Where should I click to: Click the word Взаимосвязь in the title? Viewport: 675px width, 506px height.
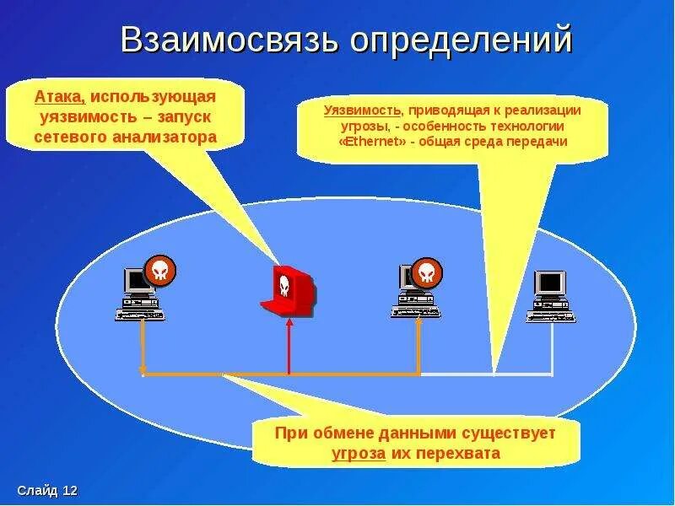click(x=226, y=40)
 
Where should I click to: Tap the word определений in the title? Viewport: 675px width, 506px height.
click(x=458, y=40)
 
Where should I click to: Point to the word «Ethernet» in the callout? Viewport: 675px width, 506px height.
click(x=372, y=142)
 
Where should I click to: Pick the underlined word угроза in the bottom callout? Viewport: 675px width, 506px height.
click(x=359, y=453)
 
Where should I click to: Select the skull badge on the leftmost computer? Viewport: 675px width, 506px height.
click(x=160, y=270)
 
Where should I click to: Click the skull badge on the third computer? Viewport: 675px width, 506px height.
click(x=427, y=272)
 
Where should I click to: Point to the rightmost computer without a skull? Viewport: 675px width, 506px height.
click(x=551, y=296)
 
